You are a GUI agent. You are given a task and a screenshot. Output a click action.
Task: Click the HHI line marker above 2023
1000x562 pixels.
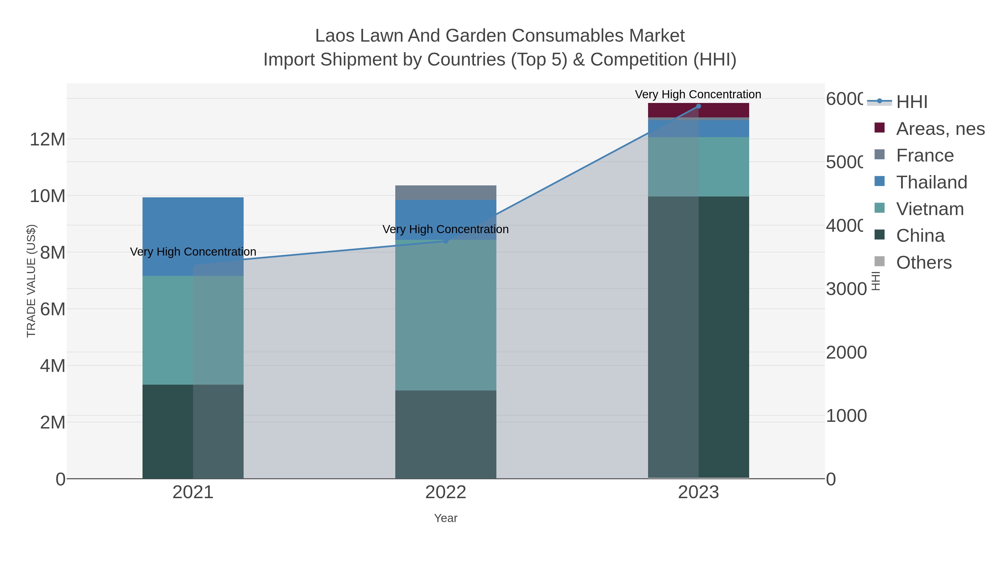698,106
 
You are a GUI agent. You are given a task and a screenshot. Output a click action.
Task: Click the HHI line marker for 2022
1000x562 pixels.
446,241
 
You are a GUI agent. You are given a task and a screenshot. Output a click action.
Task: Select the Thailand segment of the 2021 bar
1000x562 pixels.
193,236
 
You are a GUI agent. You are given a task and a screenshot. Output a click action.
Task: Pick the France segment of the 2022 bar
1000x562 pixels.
446,193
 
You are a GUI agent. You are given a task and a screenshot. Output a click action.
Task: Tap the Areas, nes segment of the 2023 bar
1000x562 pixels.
698,110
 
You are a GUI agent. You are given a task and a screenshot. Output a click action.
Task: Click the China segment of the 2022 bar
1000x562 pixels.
446,434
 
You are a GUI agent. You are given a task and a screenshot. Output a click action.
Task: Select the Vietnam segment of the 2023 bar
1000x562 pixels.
698,167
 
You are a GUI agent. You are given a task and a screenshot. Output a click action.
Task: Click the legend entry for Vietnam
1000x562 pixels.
930,209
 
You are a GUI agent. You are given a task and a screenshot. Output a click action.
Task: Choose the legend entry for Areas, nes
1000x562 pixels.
940,129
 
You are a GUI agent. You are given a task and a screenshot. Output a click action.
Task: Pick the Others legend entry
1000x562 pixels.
924,263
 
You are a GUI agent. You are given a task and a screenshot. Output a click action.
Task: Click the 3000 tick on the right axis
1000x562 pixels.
846,289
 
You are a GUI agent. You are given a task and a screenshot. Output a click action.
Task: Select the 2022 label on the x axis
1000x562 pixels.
446,493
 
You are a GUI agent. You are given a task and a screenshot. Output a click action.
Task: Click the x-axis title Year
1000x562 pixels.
446,518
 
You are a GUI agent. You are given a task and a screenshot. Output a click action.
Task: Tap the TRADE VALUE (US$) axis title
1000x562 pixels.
31,281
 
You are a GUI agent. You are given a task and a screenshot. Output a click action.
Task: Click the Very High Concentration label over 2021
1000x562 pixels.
193,252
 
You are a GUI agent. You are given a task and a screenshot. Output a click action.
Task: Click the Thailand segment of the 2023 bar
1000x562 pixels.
698,129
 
